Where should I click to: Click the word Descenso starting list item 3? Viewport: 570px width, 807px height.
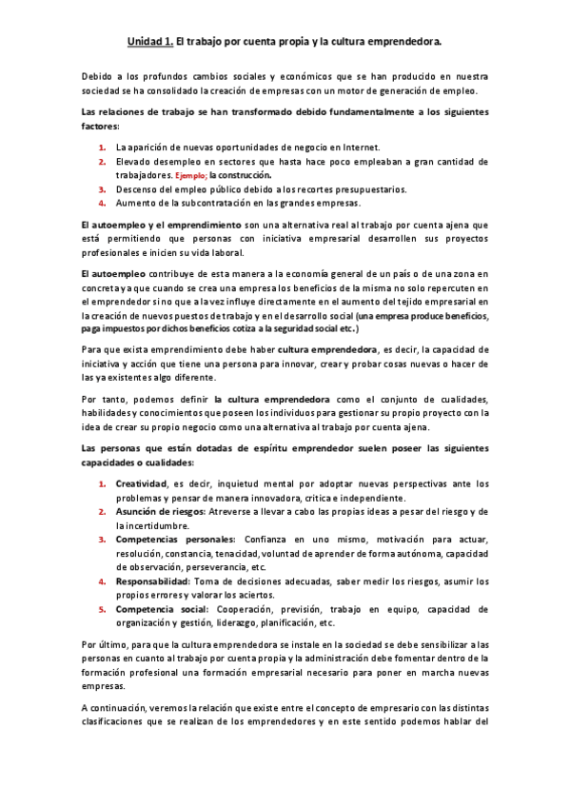click(136, 189)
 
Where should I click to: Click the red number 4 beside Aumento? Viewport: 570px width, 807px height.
click(102, 203)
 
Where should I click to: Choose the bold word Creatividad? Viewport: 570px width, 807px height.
click(142, 483)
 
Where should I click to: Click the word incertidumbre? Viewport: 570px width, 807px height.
click(155, 524)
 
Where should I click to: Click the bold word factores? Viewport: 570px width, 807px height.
click(100, 126)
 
